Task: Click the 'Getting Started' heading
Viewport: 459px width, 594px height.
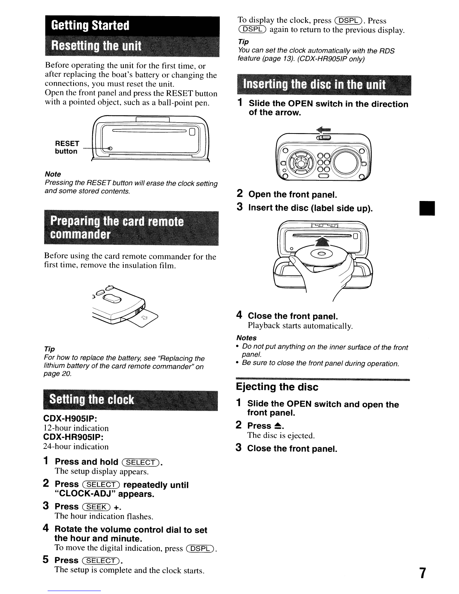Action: tap(90, 25)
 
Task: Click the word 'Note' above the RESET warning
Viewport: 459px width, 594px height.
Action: tap(52, 174)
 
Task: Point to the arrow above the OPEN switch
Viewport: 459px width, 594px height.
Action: tap(322, 130)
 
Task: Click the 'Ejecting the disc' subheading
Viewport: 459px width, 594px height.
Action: tap(277, 387)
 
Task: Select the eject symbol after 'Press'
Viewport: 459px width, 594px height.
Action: tap(278, 426)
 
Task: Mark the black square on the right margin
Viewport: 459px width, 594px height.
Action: tap(427, 208)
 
